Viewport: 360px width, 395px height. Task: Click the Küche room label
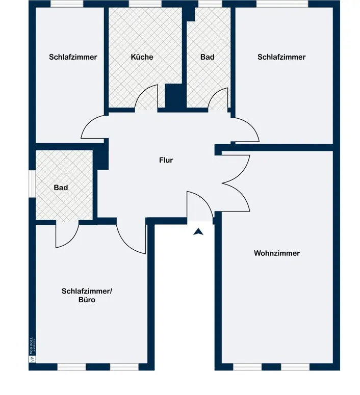point(142,57)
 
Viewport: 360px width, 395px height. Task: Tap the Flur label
point(166,160)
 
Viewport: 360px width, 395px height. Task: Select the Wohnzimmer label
point(277,253)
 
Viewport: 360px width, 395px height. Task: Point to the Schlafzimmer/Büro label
point(87,296)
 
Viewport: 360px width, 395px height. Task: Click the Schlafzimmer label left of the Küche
point(73,57)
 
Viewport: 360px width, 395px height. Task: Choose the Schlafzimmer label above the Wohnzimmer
point(281,57)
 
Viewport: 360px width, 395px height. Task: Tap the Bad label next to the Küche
point(207,57)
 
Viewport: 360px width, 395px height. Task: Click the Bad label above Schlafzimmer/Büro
point(61,188)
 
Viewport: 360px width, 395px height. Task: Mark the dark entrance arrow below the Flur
point(198,232)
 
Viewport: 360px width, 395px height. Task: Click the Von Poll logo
point(32,351)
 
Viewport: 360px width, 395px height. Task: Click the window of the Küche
point(144,4)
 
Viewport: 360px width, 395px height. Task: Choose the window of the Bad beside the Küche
point(207,4)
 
